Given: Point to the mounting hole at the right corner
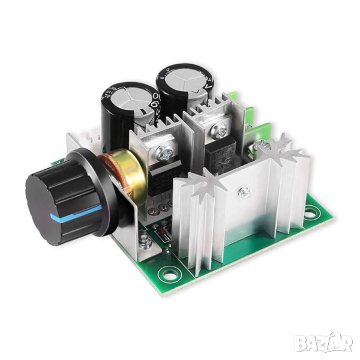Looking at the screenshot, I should (x=311, y=211).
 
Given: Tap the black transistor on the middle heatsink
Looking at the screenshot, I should (x=219, y=155).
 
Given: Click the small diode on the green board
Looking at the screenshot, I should (x=166, y=235).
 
